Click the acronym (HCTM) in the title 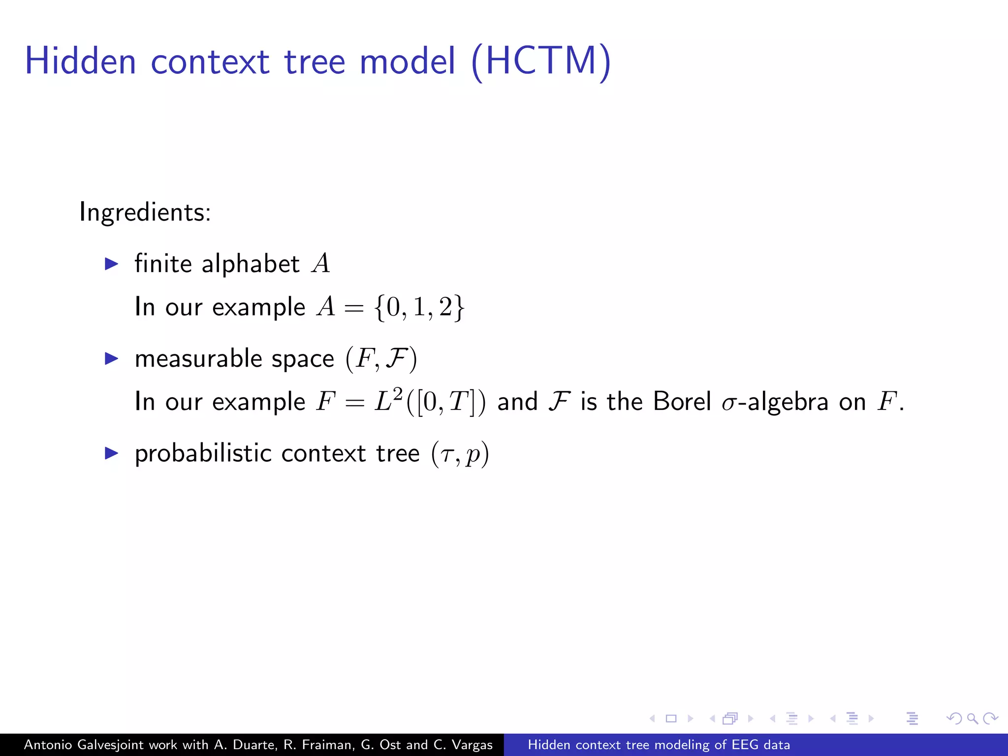tap(541, 62)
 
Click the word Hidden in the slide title tap(80, 62)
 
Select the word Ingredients tap(145, 213)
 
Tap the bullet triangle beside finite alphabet tap(112, 264)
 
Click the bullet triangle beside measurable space tap(112, 359)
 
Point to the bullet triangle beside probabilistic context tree tap(112, 453)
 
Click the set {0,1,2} tap(419, 308)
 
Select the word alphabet tap(251, 264)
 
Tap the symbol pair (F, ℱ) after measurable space tap(381, 359)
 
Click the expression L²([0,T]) tap(430, 402)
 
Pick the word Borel tap(682, 402)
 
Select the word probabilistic tap(203, 453)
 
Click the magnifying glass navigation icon tap(972, 719)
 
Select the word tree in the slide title tap(315, 62)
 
